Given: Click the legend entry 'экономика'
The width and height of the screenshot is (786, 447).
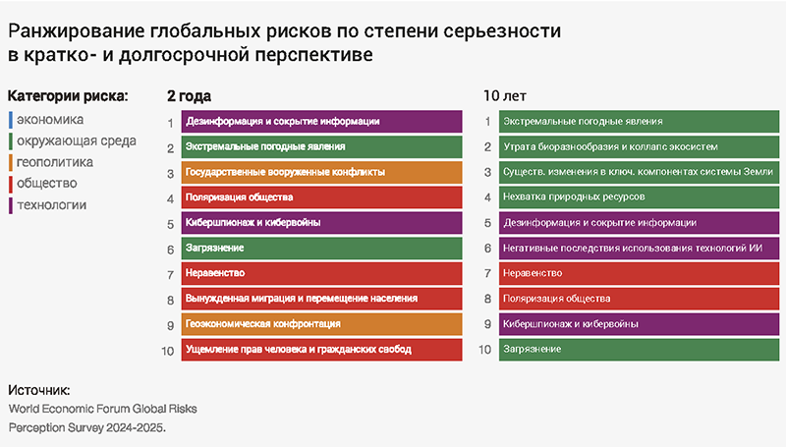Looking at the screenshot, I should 51,120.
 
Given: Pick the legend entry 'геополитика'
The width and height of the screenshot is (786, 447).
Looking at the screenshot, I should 55,162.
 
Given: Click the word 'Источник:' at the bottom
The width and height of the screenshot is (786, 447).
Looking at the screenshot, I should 38,390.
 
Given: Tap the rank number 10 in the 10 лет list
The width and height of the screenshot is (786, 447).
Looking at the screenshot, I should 485,349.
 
